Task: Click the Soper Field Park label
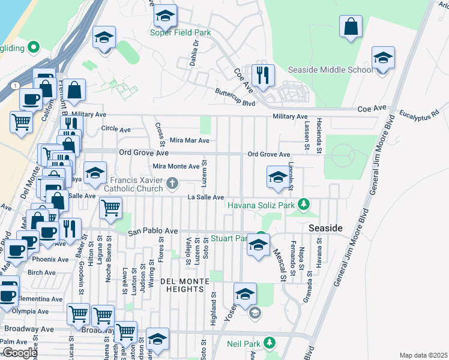[x=180, y=32]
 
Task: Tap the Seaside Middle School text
[x=331, y=70]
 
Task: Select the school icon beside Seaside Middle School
[x=382, y=59]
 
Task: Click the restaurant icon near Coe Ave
[x=263, y=76]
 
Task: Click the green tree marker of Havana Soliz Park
[x=304, y=205]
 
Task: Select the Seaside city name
[x=325, y=229]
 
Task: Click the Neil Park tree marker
[x=270, y=343]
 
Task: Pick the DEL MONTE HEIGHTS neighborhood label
[x=184, y=285]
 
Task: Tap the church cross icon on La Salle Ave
[x=172, y=183]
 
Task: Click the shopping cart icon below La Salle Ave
[x=111, y=209]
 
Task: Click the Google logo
[x=19, y=353]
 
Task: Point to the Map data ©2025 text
[x=423, y=355]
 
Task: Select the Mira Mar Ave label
[x=190, y=140]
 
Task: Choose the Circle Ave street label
[x=116, y=129]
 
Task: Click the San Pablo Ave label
[x=152, y=230]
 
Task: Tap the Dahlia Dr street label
[x=195, y=50]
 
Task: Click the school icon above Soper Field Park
[x=164, y=17]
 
